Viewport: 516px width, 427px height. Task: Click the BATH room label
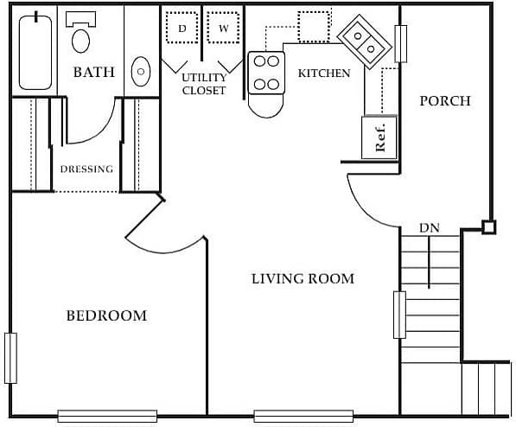click(x=93, y=73)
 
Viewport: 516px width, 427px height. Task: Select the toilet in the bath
click(x=81, y=35)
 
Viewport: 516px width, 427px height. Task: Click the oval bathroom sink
click(x=140, y=72)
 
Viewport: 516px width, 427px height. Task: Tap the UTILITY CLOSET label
click(x=204, y=84)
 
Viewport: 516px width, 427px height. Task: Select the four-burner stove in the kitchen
click(x=266, y=73)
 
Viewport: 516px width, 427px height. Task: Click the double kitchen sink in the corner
click(x=362, y=40)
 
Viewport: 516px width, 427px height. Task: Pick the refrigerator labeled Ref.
click(x=380, y=137)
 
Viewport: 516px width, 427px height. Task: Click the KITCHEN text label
click(x=324, y=73)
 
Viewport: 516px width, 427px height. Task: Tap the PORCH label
click(x=445, y=101)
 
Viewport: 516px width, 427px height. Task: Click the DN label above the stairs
click(x=430, y=228)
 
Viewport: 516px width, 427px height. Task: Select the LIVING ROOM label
click(x=303, y=278)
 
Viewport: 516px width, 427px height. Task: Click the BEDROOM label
click(x=106, y=315)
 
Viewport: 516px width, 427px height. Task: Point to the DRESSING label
click(x=86, y=169)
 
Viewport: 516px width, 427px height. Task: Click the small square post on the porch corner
click(x=488, y=228)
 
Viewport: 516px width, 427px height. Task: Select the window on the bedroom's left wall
click(x=10, y=358)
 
